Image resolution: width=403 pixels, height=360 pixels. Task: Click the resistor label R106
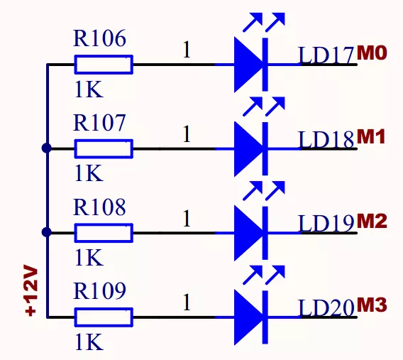99,39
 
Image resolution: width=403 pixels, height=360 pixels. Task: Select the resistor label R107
99,123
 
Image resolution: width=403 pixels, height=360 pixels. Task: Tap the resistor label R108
99,207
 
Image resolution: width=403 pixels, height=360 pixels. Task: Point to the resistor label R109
99,290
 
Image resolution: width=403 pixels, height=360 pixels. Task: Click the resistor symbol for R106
104,65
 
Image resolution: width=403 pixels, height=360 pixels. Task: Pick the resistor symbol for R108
104,232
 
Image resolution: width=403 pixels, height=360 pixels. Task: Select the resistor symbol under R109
104,316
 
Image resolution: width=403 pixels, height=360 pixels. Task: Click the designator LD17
326,55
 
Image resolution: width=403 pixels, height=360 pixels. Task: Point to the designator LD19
326,223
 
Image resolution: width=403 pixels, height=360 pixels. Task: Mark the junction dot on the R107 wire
47,148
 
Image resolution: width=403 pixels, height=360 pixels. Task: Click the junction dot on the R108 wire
47,232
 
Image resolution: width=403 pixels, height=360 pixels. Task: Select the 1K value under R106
89,90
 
